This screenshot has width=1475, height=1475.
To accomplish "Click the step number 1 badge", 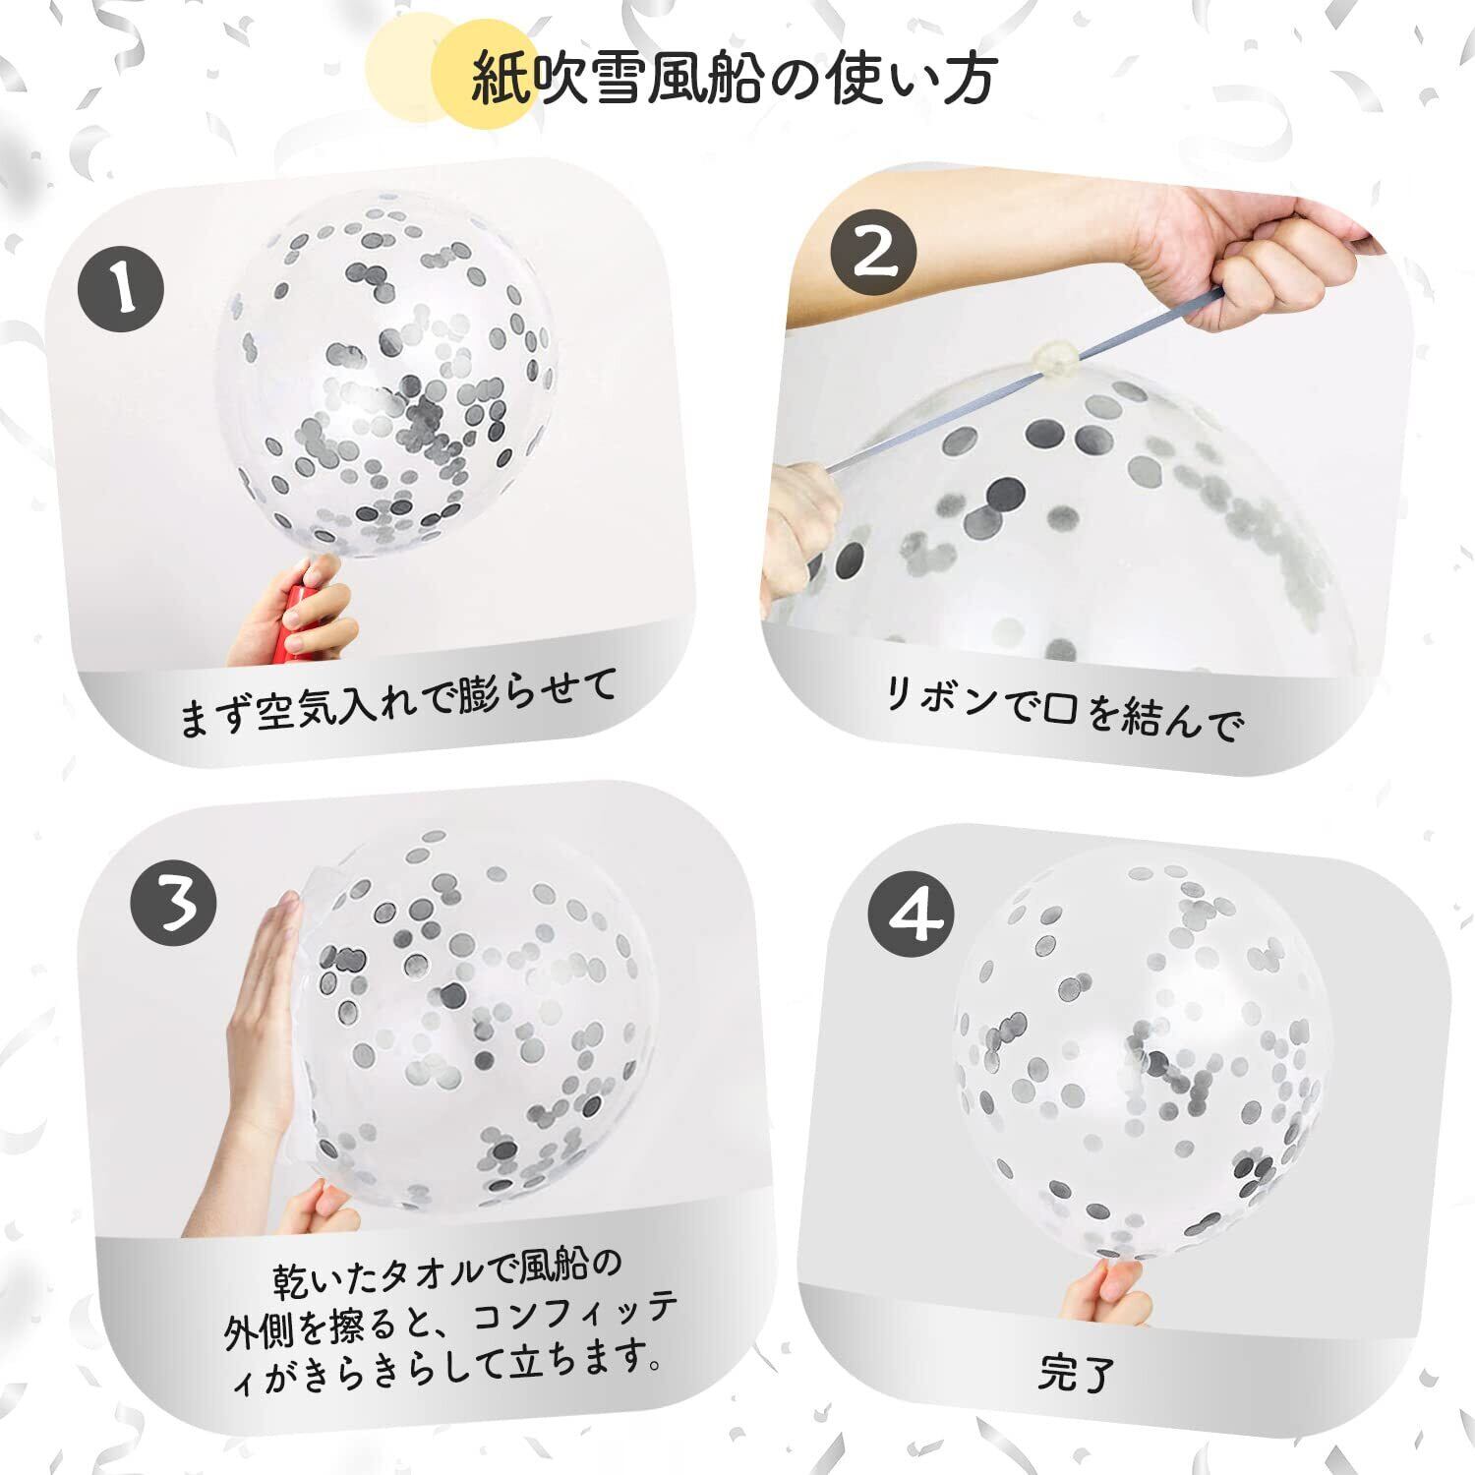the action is click(x=120, y=287).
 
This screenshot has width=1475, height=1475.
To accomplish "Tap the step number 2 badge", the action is click(x=873, y=251).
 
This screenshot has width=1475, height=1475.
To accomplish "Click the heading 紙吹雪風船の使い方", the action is click(x=735, y=80).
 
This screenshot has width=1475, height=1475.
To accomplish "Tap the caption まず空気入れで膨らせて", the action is click(x=398, y=702).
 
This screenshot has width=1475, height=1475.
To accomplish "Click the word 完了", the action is click(x=1077, y=1374).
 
